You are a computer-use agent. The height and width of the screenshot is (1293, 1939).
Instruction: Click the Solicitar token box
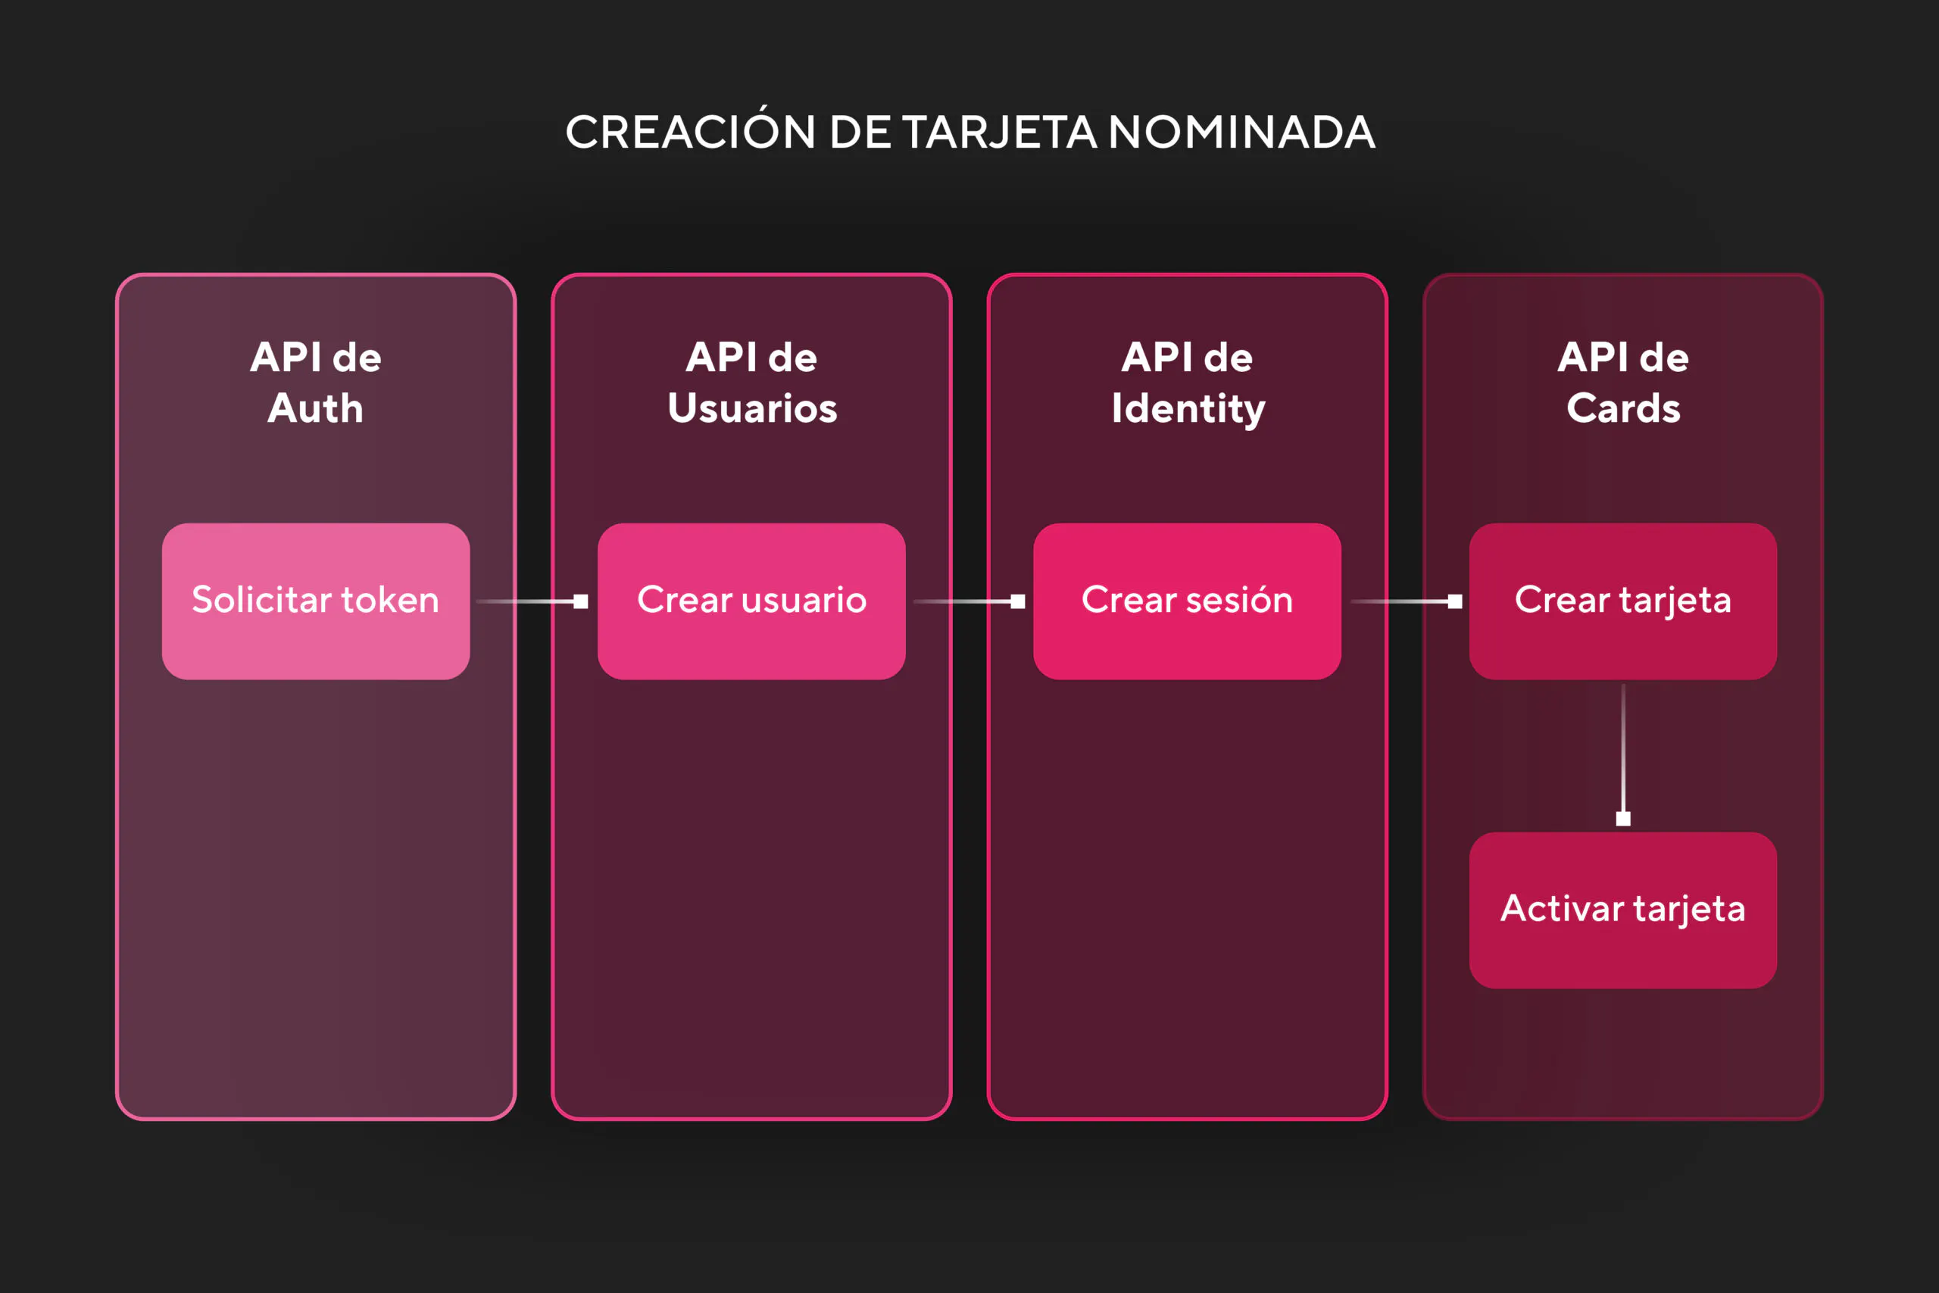pyautogui.click(x=316, y=601)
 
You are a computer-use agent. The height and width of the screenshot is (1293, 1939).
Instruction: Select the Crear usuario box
pyautogui.click(x=752, y=601)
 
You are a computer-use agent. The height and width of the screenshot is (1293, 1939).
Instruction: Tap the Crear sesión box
pyautogui.click(x=1187, y=601)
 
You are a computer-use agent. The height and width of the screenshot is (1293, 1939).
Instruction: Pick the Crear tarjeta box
pyautogui.click(x=1623, y=601)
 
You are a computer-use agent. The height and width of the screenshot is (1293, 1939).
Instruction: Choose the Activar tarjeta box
pyautogui.click(x=1623, y=910)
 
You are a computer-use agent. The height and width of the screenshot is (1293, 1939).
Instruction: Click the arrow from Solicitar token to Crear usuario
pyautogui.click(x=532, y=602)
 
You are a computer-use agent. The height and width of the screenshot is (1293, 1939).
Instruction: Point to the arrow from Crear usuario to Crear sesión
pyautogui.click(x=969, y=602)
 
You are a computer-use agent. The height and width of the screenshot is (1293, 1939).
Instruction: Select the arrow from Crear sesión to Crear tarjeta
pyautogui.click(x=1406, y=602)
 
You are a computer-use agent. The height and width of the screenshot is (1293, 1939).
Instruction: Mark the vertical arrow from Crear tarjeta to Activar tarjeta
pyautogui.click(x=1623, y=754)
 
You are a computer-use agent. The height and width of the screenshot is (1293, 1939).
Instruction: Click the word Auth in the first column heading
pyautogui.click(x=316, y=408)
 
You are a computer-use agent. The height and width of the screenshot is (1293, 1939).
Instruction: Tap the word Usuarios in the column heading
pyautogui.click(x=753, y=408)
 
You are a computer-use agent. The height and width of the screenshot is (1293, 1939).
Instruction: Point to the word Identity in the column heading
pyautogui.click(x=1188, y=410)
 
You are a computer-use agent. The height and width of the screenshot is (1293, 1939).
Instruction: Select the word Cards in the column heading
pyautogui.click(x=1623, y=408)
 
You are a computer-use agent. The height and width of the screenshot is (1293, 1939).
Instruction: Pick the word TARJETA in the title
pyautogui.click(x=1000, y=132)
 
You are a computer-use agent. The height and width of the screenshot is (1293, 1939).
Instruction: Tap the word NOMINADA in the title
pyautogui.click(x=1241, y=132)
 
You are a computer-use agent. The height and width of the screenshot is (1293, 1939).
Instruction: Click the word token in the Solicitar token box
pyautogui.click(x=390, y=599)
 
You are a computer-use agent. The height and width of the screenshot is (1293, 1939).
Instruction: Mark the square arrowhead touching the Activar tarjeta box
pyautogui.click(x=1623, y=819)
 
